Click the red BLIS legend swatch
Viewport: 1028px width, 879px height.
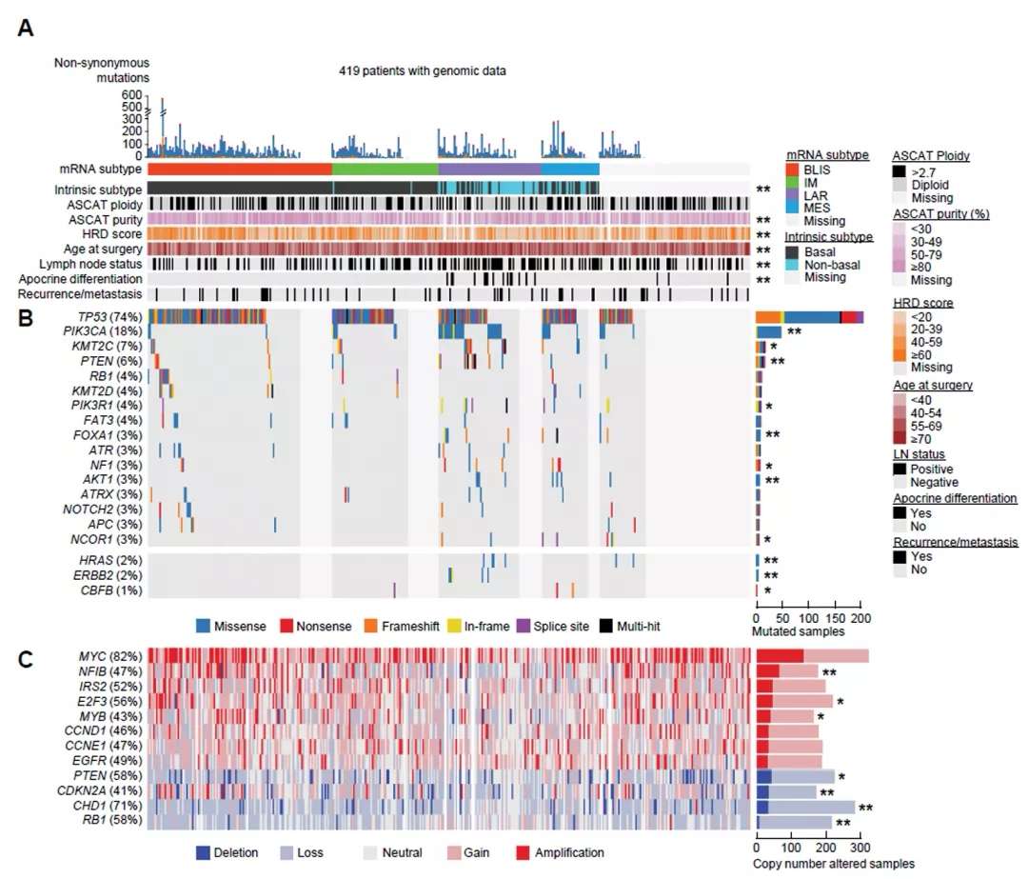pos(792,169)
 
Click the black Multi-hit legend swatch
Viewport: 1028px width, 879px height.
pos(606,626)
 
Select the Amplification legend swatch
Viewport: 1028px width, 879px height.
pos(522,852)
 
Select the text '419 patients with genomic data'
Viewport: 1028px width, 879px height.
pos(422,70)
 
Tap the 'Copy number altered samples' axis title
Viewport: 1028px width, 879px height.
pos(835,864)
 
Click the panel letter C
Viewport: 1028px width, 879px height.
pos(27,657)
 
